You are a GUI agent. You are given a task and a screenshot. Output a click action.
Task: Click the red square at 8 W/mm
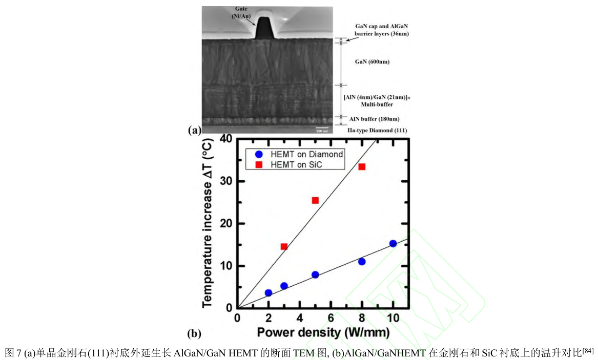click(x=362, y=167)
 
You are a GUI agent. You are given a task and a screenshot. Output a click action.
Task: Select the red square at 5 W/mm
click(x=315, y=200)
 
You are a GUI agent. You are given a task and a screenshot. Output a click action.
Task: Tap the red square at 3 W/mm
click(x=284, y=246)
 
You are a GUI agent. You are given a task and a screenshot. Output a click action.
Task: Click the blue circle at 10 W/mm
click(x=393, y=244)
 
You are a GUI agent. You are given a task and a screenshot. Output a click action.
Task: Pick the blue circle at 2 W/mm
click(x=269, y=293)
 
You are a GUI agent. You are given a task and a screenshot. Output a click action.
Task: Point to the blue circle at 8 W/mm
click(x=362, y=262)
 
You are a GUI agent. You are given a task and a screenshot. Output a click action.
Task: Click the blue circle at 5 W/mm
click(x=315, y=275)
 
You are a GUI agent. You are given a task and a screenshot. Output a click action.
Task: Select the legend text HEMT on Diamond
click(x=307, y=154)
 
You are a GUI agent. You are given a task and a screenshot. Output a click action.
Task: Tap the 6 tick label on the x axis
click(x=331, y=318)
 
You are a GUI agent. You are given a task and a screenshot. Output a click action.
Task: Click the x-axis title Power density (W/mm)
click(x=323, y=332)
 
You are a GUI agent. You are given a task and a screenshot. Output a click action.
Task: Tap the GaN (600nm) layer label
click(x=373, y=62)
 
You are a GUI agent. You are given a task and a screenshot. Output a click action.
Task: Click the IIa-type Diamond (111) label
click(x=377, y=130)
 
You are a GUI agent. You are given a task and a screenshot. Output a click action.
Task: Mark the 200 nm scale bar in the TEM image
click(x=322, y=128)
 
